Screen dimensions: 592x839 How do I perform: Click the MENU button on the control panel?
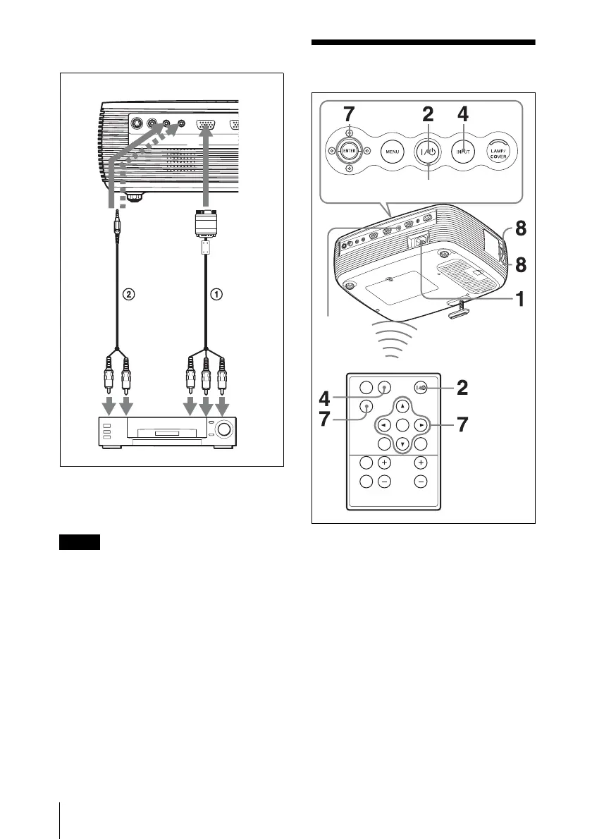pyautogui.click(x=392, y=151)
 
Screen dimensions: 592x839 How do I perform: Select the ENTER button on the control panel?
pyautogui.click(x=347, y=151)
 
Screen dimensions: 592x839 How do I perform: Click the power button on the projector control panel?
pyautogui.click(x=429, y=151)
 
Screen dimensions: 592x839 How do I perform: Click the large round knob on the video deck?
pyautogui.click(x=223, y=430)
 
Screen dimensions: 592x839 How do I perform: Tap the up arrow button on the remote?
pyautogui.click(x=401, y=406)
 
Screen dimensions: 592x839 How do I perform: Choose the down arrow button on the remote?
pyautogui.click(x=401, y=445)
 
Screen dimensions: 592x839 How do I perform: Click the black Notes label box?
pyautogui.click(x=80, y=543)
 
